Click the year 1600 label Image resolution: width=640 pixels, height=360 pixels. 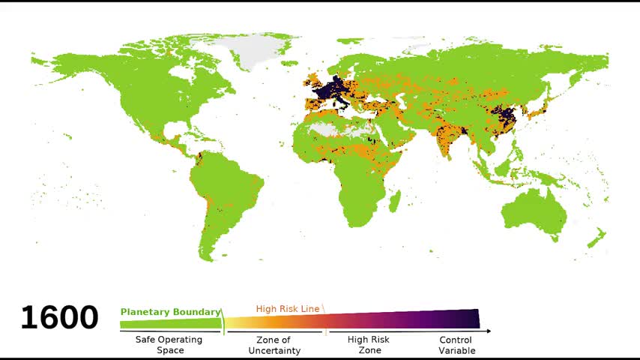click(x=58, y=318)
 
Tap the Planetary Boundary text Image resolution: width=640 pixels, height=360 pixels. click(x=170, y=312)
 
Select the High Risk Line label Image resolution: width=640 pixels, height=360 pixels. click(x=288, y=308)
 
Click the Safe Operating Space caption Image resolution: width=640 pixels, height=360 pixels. click(x=169, y=345)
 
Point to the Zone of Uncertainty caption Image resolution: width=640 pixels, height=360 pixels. click(x=274, y=345)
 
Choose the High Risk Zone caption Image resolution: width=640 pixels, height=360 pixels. click(x=369, y=345)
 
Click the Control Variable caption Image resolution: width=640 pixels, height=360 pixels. click(x=456, y=345)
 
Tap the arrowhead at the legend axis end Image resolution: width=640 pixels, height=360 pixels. click(x=488, y=331)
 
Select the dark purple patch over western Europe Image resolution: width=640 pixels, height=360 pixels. click(x=330, y=90)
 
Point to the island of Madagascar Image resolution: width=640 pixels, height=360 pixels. click(x=395, y=199)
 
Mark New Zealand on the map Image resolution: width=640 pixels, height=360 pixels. click(x=596, y=240)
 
